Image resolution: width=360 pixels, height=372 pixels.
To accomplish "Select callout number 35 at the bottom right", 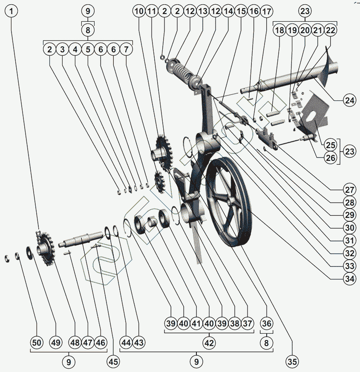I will (292, 362).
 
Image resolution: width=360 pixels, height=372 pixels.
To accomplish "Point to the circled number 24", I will (349, 100).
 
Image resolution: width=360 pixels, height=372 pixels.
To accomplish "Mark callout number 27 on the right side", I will (349, 189).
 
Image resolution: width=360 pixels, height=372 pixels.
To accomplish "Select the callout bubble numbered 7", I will (126, 49).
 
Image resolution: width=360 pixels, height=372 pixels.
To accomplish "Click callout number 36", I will (266, 324).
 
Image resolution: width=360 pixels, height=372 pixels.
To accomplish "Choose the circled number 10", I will (139, 12).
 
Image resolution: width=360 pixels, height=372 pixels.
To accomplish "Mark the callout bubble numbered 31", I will (349, 240).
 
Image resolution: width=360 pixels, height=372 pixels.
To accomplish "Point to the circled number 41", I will (196, 324).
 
